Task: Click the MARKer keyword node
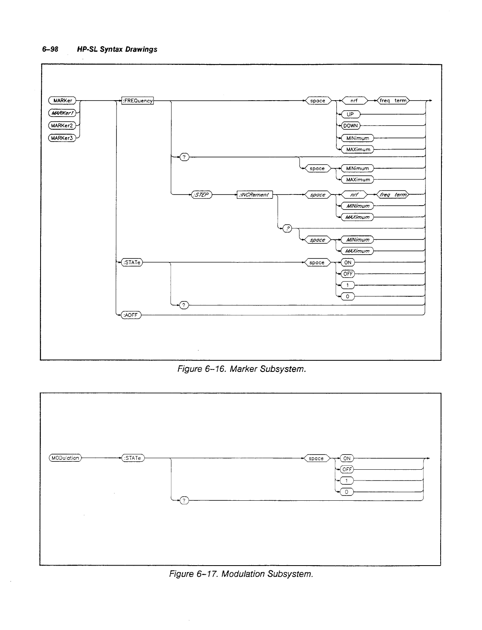coord(62,101)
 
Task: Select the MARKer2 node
coord(62,126)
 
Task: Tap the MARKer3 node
coord(62,138)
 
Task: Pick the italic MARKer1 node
coord(62,113)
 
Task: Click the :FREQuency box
coord(138,101)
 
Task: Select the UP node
coord(350,115)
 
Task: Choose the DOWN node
coord(351,126)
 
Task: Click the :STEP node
coord(202,195)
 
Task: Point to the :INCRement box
coord(255,195)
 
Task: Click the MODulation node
coord(65,458)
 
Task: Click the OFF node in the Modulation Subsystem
coord(347,469)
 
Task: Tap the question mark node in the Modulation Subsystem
coord(184,501)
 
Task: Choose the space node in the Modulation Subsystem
coord(316,458)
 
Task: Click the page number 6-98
coord(51,49)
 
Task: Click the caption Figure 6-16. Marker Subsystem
coord(242,369)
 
